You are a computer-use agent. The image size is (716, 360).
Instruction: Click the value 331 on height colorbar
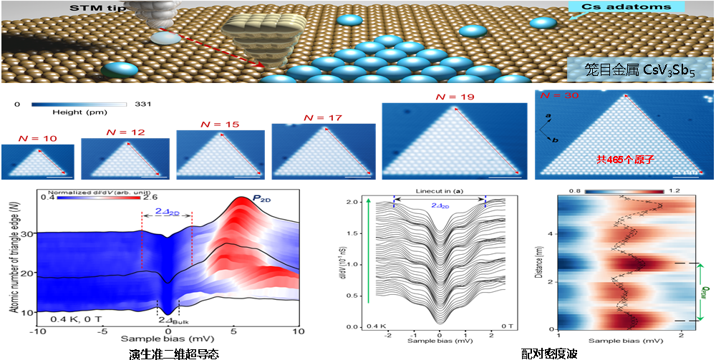[136, 104]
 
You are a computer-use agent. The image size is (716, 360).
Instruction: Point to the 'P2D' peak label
[248, 198]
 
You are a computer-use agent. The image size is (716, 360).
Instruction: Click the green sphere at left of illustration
[120, 69]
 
